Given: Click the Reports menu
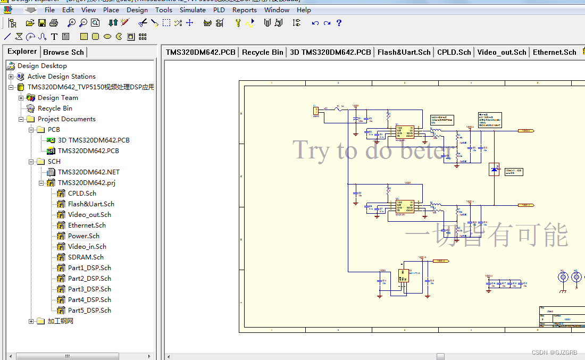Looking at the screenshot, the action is click(x=244, y=10).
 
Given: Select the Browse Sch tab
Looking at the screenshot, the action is click(x=63, y=52).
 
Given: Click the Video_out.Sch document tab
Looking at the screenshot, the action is click(x=502, y=52).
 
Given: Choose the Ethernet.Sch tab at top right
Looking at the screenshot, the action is click(x=554, y=52).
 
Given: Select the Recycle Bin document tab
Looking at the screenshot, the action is click(x=262, y=52).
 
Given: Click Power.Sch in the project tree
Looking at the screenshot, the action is click(x=83, y=236).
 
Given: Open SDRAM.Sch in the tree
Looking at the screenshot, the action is click(x=86, y=257).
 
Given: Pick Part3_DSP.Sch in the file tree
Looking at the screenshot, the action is click(x=89, y=289).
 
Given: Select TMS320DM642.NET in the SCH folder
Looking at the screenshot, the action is click(x=88, y=172).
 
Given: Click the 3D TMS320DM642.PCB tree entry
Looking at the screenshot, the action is click(x=94, y=140).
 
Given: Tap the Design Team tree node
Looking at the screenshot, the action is click(x=57, y=98).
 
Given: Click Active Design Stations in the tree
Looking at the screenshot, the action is click(x=61, y=77).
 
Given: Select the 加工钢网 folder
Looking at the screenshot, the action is click(x=60, y=321).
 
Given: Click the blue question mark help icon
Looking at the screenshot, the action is click(x=339, y=23).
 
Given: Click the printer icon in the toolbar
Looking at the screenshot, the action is click(x=53, y=23).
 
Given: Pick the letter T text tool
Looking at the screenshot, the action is click(x=54, y=37).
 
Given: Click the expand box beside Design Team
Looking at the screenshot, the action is click(x=21, y=98).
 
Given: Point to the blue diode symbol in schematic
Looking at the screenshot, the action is click(x=495, y=170).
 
